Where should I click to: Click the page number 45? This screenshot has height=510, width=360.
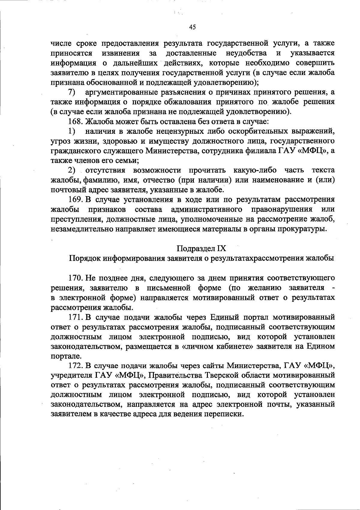(x=193, y=27)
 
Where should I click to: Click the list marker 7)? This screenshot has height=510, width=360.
(x=72, y=92)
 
